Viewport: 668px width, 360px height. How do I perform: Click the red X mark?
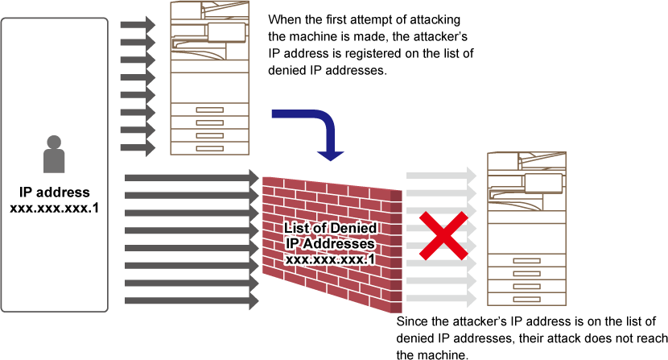443,236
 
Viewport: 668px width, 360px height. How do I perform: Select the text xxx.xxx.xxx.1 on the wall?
330,259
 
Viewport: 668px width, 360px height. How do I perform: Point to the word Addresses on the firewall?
344,244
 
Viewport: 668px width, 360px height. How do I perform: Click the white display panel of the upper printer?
226,32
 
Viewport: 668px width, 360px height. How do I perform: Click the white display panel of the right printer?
543,183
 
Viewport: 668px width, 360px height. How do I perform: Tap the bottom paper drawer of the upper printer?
209,148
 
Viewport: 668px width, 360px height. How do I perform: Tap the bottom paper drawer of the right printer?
526,299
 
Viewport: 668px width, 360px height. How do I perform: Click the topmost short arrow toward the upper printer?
138,25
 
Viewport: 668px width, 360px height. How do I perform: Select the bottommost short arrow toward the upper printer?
138,147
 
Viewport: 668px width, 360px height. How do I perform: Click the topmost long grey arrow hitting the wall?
192,177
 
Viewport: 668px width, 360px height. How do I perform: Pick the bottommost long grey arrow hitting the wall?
192,300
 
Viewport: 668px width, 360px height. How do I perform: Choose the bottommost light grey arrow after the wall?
441,298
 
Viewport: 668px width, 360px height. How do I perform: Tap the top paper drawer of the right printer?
526,261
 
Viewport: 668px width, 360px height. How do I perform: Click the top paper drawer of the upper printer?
209,110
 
